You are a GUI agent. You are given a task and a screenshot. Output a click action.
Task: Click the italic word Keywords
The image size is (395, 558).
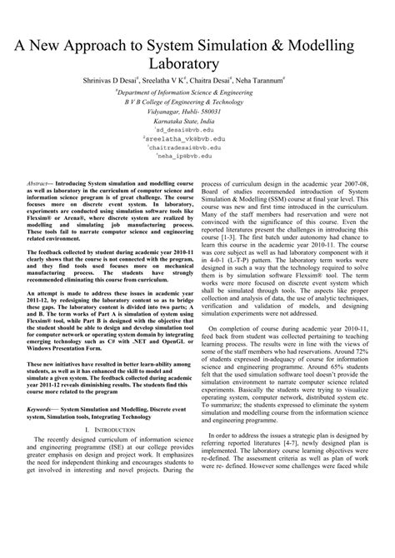click(40, 431)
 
